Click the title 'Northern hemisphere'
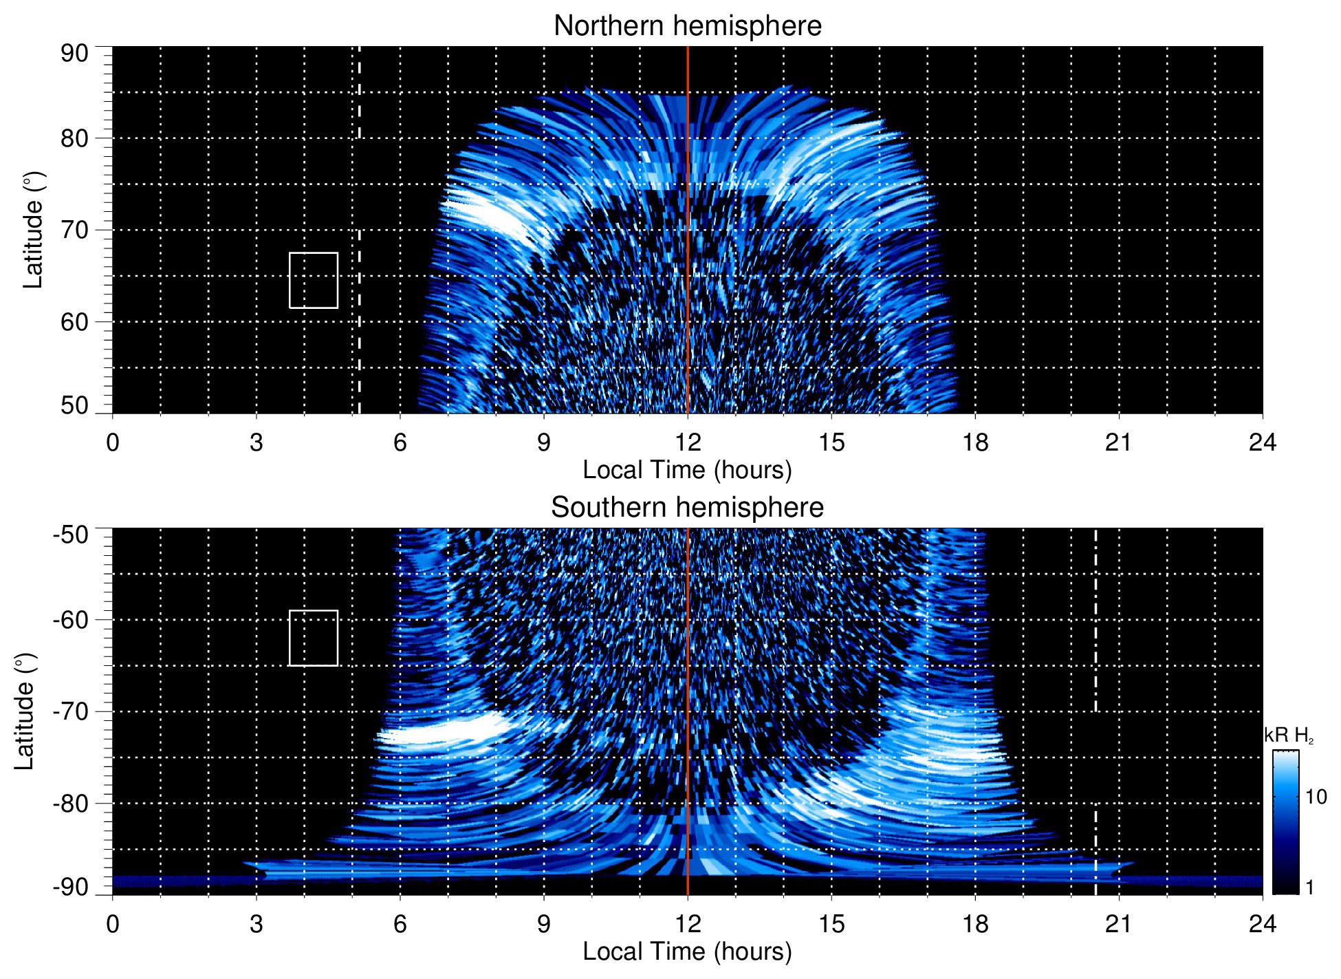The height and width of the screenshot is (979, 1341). (x=687, y=26)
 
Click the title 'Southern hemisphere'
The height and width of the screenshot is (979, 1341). (x=687, y=508)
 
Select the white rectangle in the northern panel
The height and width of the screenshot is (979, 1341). (x=314, y=281)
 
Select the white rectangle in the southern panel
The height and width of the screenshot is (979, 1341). (x=314, y=638)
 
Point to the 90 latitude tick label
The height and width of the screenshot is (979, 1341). (x=74, y=54)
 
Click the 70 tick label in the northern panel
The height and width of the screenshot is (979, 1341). (x=74, y=230)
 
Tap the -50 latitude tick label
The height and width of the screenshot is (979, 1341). (x=71, y=535)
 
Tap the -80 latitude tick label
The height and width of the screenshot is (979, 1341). (x=71, y=803)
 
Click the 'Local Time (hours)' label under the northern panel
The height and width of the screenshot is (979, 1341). (x=687, y=470)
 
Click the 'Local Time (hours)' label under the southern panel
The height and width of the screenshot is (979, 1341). (x=687, y=951)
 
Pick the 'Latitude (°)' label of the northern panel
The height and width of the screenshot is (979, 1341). (x=33, y=230)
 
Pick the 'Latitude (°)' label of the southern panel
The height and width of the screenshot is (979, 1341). (x=24, y=711)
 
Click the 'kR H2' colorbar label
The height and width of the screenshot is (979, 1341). (x=1288, y=735)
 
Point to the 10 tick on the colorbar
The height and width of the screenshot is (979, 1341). (x=1316, y=797)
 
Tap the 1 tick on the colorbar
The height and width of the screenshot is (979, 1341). (x=1309, y=887)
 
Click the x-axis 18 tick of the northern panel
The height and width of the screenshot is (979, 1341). (x=975, y=442)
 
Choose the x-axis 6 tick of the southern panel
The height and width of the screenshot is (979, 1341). (x=400, y=924)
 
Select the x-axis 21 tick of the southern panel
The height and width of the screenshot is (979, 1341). (x=1119, y=924)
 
